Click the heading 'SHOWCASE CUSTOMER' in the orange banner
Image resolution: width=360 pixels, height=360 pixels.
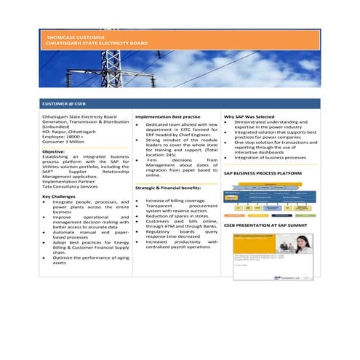(x=76, y=36)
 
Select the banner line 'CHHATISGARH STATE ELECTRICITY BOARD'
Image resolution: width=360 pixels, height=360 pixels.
(x=97, y=43)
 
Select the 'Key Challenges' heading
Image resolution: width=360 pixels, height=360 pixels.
(x=61, y=196)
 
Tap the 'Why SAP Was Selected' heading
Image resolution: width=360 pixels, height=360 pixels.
(x=249, y=116)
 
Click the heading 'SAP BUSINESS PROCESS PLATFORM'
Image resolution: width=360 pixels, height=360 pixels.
(x=263, y=175)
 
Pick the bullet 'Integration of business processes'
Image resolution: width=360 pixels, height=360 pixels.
(x=268, y=157)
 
